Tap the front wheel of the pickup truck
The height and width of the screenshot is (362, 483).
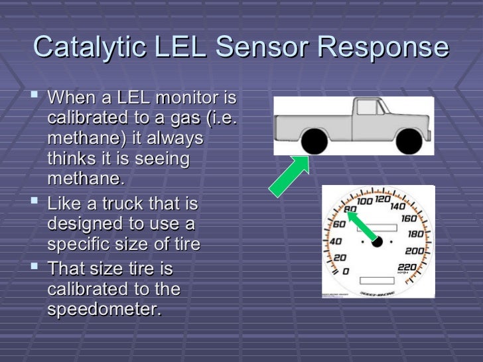408,141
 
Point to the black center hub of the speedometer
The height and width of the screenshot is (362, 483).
378,242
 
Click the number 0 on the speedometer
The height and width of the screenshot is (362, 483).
344,271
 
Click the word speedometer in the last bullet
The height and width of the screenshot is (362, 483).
104,310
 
